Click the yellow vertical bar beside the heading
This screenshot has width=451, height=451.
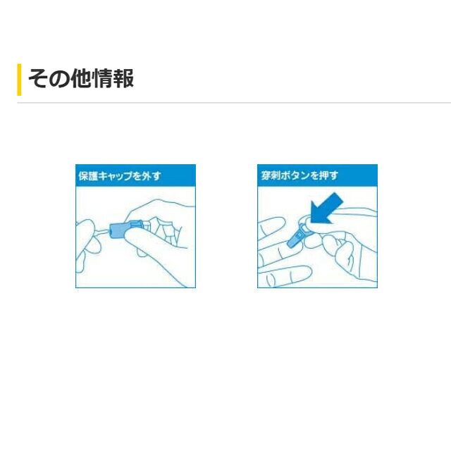[19, 80]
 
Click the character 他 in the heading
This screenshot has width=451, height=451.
[81, 78]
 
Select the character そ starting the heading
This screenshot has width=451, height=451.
[39, 78]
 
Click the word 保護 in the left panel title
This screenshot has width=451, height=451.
[88, 175]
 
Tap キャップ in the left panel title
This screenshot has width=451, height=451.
[116, 176]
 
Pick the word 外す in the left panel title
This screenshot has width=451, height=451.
[152, 175]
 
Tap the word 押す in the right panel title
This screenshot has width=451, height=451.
[330, 175]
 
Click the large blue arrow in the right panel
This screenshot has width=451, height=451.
[327, 209]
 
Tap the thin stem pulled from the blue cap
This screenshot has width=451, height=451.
[102, 230]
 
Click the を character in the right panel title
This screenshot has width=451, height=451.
[316, 175]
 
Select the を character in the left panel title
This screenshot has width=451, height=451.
[138, 176]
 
